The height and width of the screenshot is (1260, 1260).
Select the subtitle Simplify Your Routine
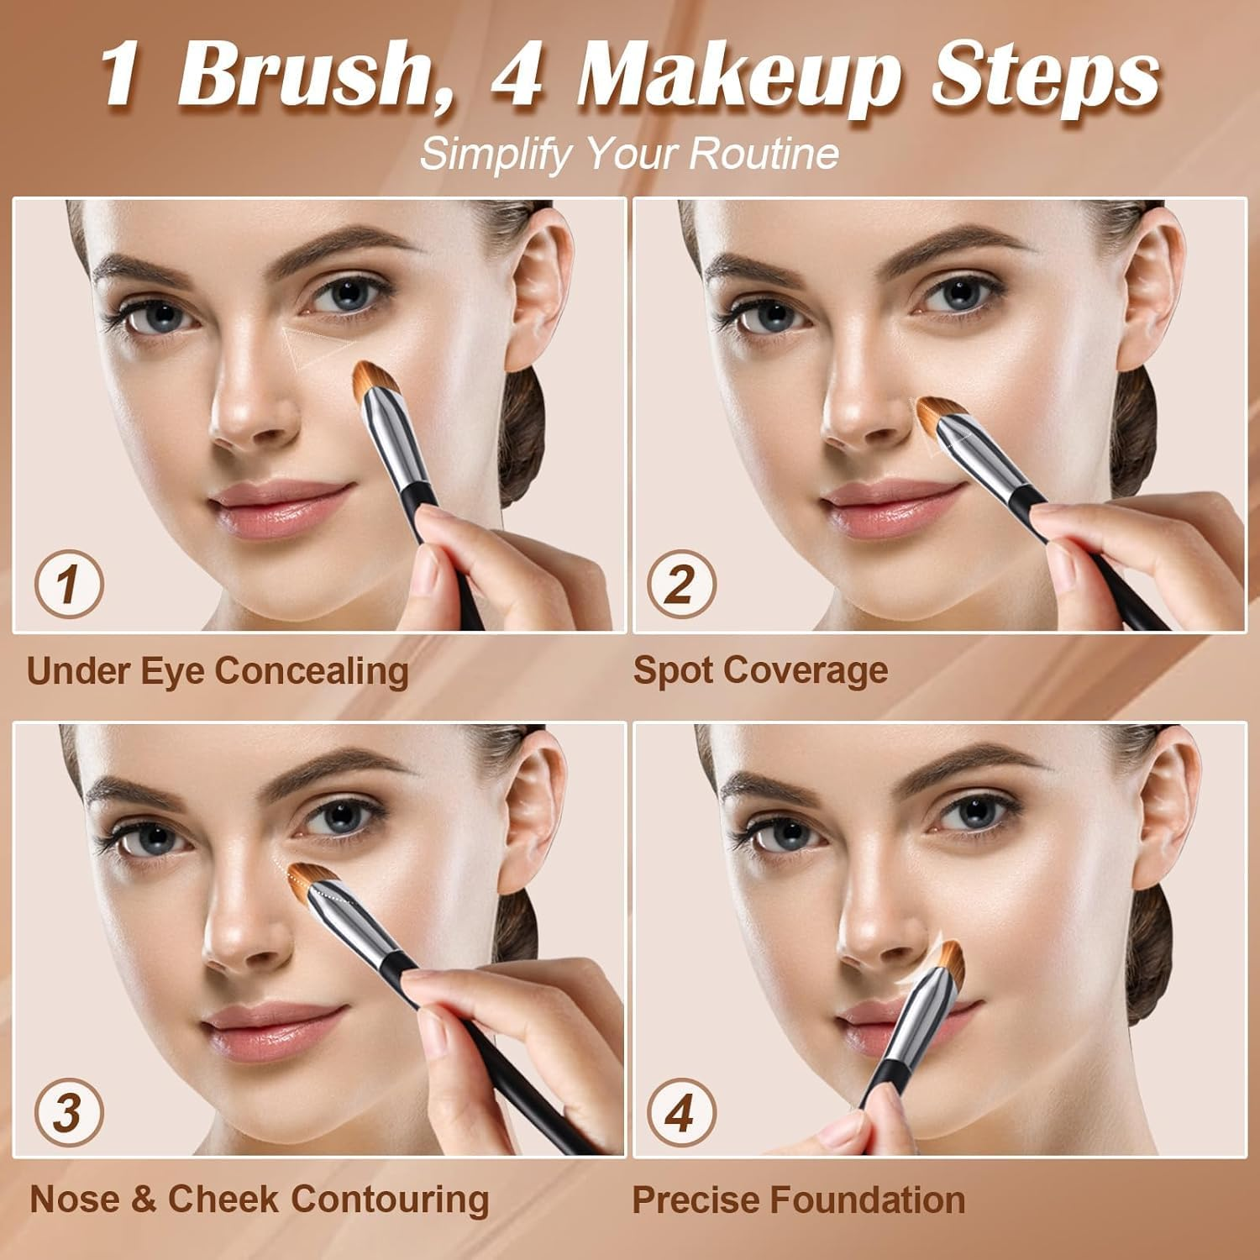tap(629, 154)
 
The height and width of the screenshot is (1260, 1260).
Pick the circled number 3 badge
tap(69, 1112)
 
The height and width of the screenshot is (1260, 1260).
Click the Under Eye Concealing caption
tap(218, 671)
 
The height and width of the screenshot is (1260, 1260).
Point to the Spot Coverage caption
tap(760, 670)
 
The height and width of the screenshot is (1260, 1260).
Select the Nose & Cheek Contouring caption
tap(259, 1199)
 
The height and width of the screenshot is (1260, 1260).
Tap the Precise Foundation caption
tap(798, 1200)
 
